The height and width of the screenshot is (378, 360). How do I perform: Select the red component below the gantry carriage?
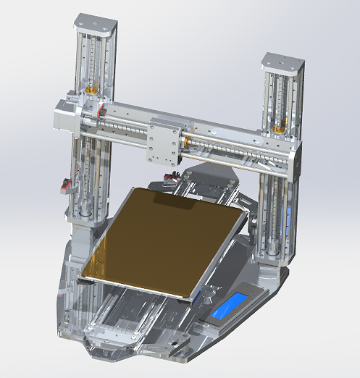click(171, 176)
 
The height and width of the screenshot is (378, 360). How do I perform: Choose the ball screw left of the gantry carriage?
click(123, 130)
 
